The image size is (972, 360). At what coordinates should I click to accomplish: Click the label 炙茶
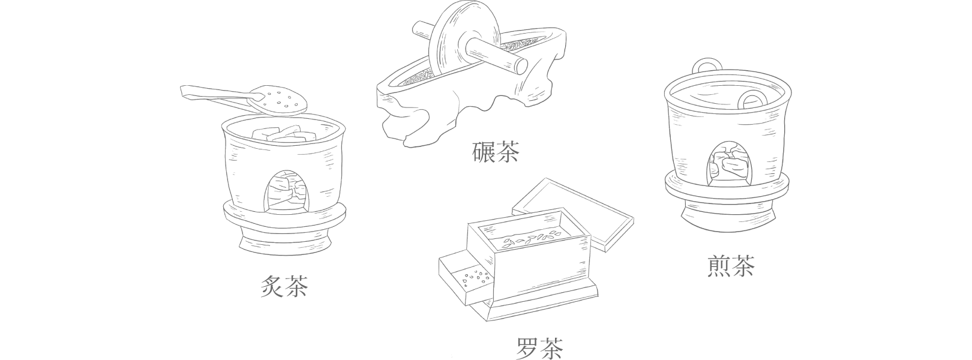point(284,286)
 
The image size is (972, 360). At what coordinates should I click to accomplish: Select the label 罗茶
point(540,347)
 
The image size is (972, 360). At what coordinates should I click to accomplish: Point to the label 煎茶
point(731,265)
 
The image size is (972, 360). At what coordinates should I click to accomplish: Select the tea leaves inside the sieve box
point(527,240)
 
